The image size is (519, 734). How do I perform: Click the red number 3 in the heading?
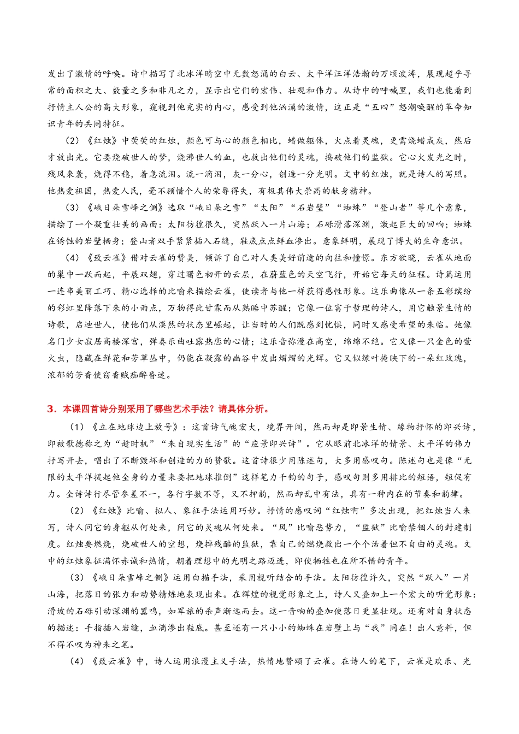coord(50,409)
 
